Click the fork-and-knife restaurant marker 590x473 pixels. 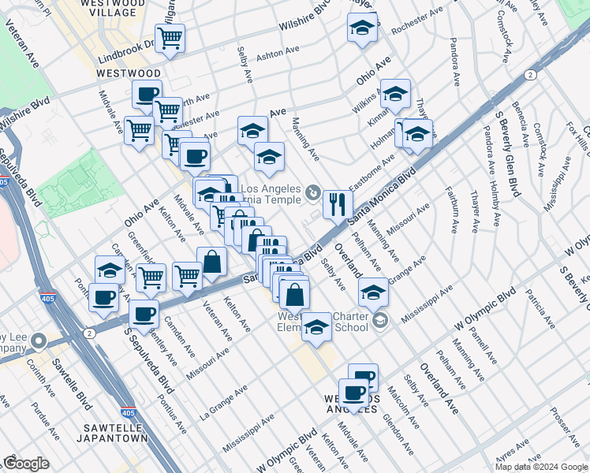click(x=337, y=204)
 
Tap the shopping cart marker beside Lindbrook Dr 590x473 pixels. click(x=170, y=37)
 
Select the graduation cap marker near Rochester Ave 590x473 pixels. click(x=362, y=28)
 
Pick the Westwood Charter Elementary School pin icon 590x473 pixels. click(x=381, y=320)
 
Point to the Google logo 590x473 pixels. click(x=26, y=464)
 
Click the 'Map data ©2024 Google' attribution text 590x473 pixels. click(x=541, y=467)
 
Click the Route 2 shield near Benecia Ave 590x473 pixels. click(x=530, y=75)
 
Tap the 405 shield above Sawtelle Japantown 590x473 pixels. click(x=128, y=412)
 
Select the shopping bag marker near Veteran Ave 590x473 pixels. click(x=212, y=261)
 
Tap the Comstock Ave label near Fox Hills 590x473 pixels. click(x=542, y=142)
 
